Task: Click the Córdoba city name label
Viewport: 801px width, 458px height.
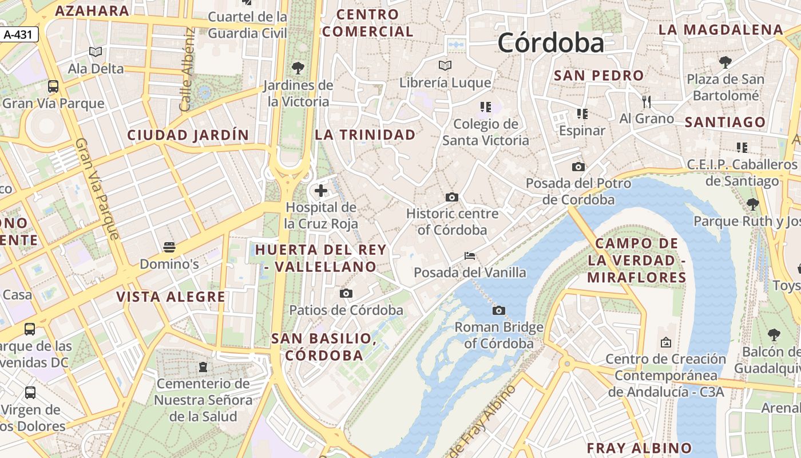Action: coord(550,43)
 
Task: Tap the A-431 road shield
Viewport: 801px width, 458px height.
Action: coord(18,35)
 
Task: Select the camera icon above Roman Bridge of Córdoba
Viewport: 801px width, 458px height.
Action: coord(499,311)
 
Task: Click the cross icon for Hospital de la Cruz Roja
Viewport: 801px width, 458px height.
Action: coord(321,191)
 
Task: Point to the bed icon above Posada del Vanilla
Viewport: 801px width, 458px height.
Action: coord(470,255)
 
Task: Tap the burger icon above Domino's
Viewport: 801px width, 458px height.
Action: coord(169,247)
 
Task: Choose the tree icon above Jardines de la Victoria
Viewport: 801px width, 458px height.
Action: coord(298,68)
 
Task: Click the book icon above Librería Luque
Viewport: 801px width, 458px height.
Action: coord(445,65)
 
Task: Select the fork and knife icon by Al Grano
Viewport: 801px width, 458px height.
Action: coord(647,102)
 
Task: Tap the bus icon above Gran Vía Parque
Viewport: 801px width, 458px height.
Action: coord(53,86)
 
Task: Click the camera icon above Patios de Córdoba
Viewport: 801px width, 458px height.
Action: coord(346,294)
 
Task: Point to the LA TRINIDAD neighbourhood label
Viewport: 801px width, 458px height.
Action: coord(365,135)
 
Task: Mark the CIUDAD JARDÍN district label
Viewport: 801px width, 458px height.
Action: coord(188,136)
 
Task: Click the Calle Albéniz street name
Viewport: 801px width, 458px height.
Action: coord(187,69)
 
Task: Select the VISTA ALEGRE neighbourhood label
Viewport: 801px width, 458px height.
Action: coord(171,297)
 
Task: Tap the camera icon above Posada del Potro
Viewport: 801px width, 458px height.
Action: coord(578,167)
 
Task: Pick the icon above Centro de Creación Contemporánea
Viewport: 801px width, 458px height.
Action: coord(665,342)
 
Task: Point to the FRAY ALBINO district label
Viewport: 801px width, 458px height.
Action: coord(639,448)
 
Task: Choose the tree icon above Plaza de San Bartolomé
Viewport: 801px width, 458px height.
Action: coord(725,62)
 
